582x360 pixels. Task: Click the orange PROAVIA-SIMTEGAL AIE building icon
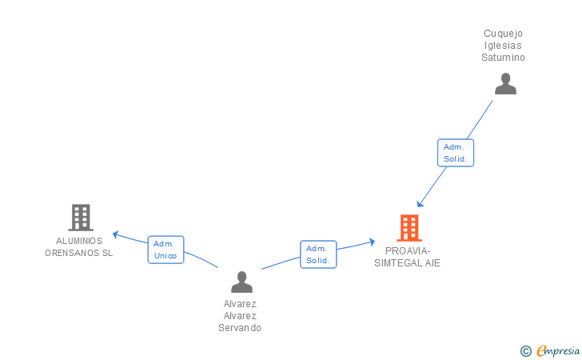tap(409, 228)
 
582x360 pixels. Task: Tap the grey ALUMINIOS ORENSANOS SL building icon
tap(80, 217)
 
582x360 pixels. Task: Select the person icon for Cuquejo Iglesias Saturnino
tap(505, 84)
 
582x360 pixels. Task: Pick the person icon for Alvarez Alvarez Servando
tap(241, 282)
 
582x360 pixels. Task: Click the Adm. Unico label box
tap(165, 250)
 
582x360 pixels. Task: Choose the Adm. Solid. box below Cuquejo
tap(456, 153)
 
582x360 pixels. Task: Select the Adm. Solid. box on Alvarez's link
tap(318, 254)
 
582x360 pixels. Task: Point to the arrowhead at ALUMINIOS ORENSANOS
tap(115, 234)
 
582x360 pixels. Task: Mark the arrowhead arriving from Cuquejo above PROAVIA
tap(421, 204)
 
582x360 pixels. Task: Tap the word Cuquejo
tap(504, 34)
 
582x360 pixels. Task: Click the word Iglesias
tap(504, 46)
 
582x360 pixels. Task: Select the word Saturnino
tap(504, 58)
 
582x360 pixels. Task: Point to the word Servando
tap(240, 328)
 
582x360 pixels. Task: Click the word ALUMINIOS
tap(79, 241)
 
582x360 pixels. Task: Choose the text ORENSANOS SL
tap(79, 253)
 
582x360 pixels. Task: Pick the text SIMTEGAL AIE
tap(408, 262)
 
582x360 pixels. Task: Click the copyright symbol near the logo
tap(525, 350)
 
